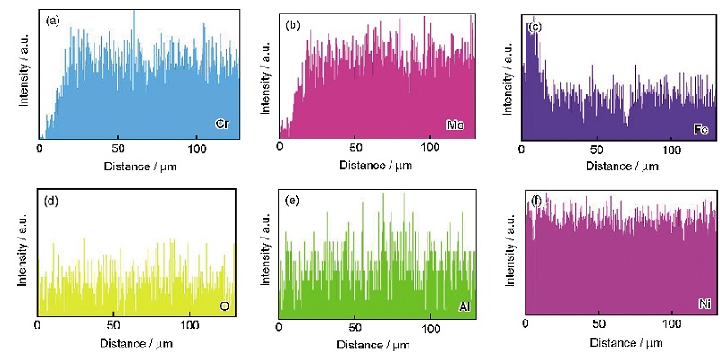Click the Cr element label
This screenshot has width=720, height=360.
coord(221,122)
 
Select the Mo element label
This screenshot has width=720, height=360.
coord(454,123)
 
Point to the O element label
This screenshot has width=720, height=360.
coord(225,307)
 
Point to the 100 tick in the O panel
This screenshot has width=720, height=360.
coord(190,324)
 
